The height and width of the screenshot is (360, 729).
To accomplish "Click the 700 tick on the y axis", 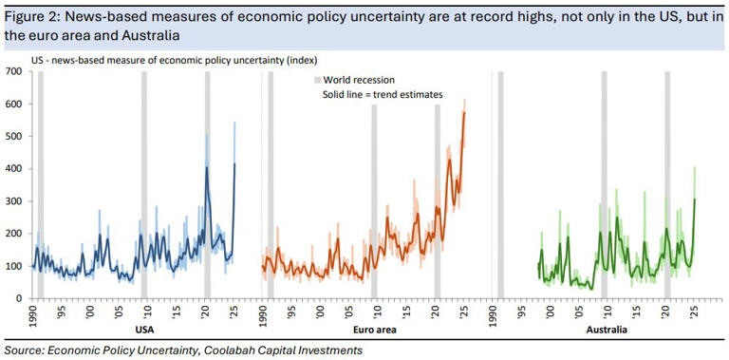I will coord(16,72).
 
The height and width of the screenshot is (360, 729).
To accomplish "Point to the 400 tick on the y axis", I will coord(16,169).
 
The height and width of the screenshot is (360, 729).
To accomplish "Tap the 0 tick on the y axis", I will coord(22,298).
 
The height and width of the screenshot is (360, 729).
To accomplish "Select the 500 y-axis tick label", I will coord(16,137).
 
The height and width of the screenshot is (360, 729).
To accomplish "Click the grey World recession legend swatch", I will coord(316,80).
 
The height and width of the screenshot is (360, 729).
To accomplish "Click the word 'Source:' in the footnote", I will coord(28,351).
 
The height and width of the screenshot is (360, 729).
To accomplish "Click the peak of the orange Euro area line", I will coord(464,113).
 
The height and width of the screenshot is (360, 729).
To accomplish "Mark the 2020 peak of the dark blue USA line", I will coord(207,168).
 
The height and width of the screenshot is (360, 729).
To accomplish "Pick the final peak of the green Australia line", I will coord(695,199).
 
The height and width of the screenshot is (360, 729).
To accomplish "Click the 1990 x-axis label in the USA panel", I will coord(33,314).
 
